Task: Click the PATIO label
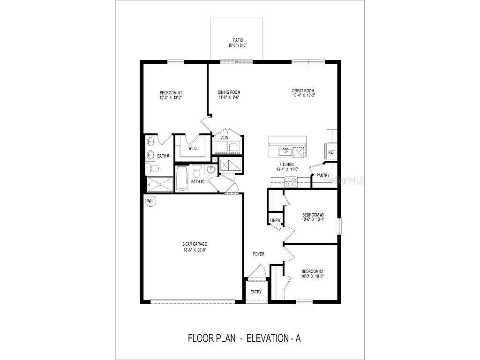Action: pyautogui.click(x=238, y=40)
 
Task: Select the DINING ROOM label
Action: pyautogui.click(x=229, y=92)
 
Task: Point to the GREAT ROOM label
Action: pyautogui.click(x=303, y=91)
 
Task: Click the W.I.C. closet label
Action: pyautogui.click(x=193, y=149)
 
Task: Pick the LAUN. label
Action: pyautogui.click(x=224, y=138)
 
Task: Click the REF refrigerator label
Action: pyautogui.click(x=331, y=152)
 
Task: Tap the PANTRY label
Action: pyautogui.click(x=323, y=175)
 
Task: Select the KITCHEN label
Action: pyautogui.click(x=286, y=165)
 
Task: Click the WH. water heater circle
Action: pyautogui.click(x=150, y=201)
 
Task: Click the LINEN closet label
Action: pyautogui.click(x=274, y=220)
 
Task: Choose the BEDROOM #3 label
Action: pyautogui.click(x=313, y=216)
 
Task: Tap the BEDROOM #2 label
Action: pyautogui.click(x=313, y=271)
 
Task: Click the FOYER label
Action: pyautogui.click(x=258, y=254)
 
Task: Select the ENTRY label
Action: pyautogui.click(x=256, y=292)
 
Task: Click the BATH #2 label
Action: pyautogui.click(x=198, y=181)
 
